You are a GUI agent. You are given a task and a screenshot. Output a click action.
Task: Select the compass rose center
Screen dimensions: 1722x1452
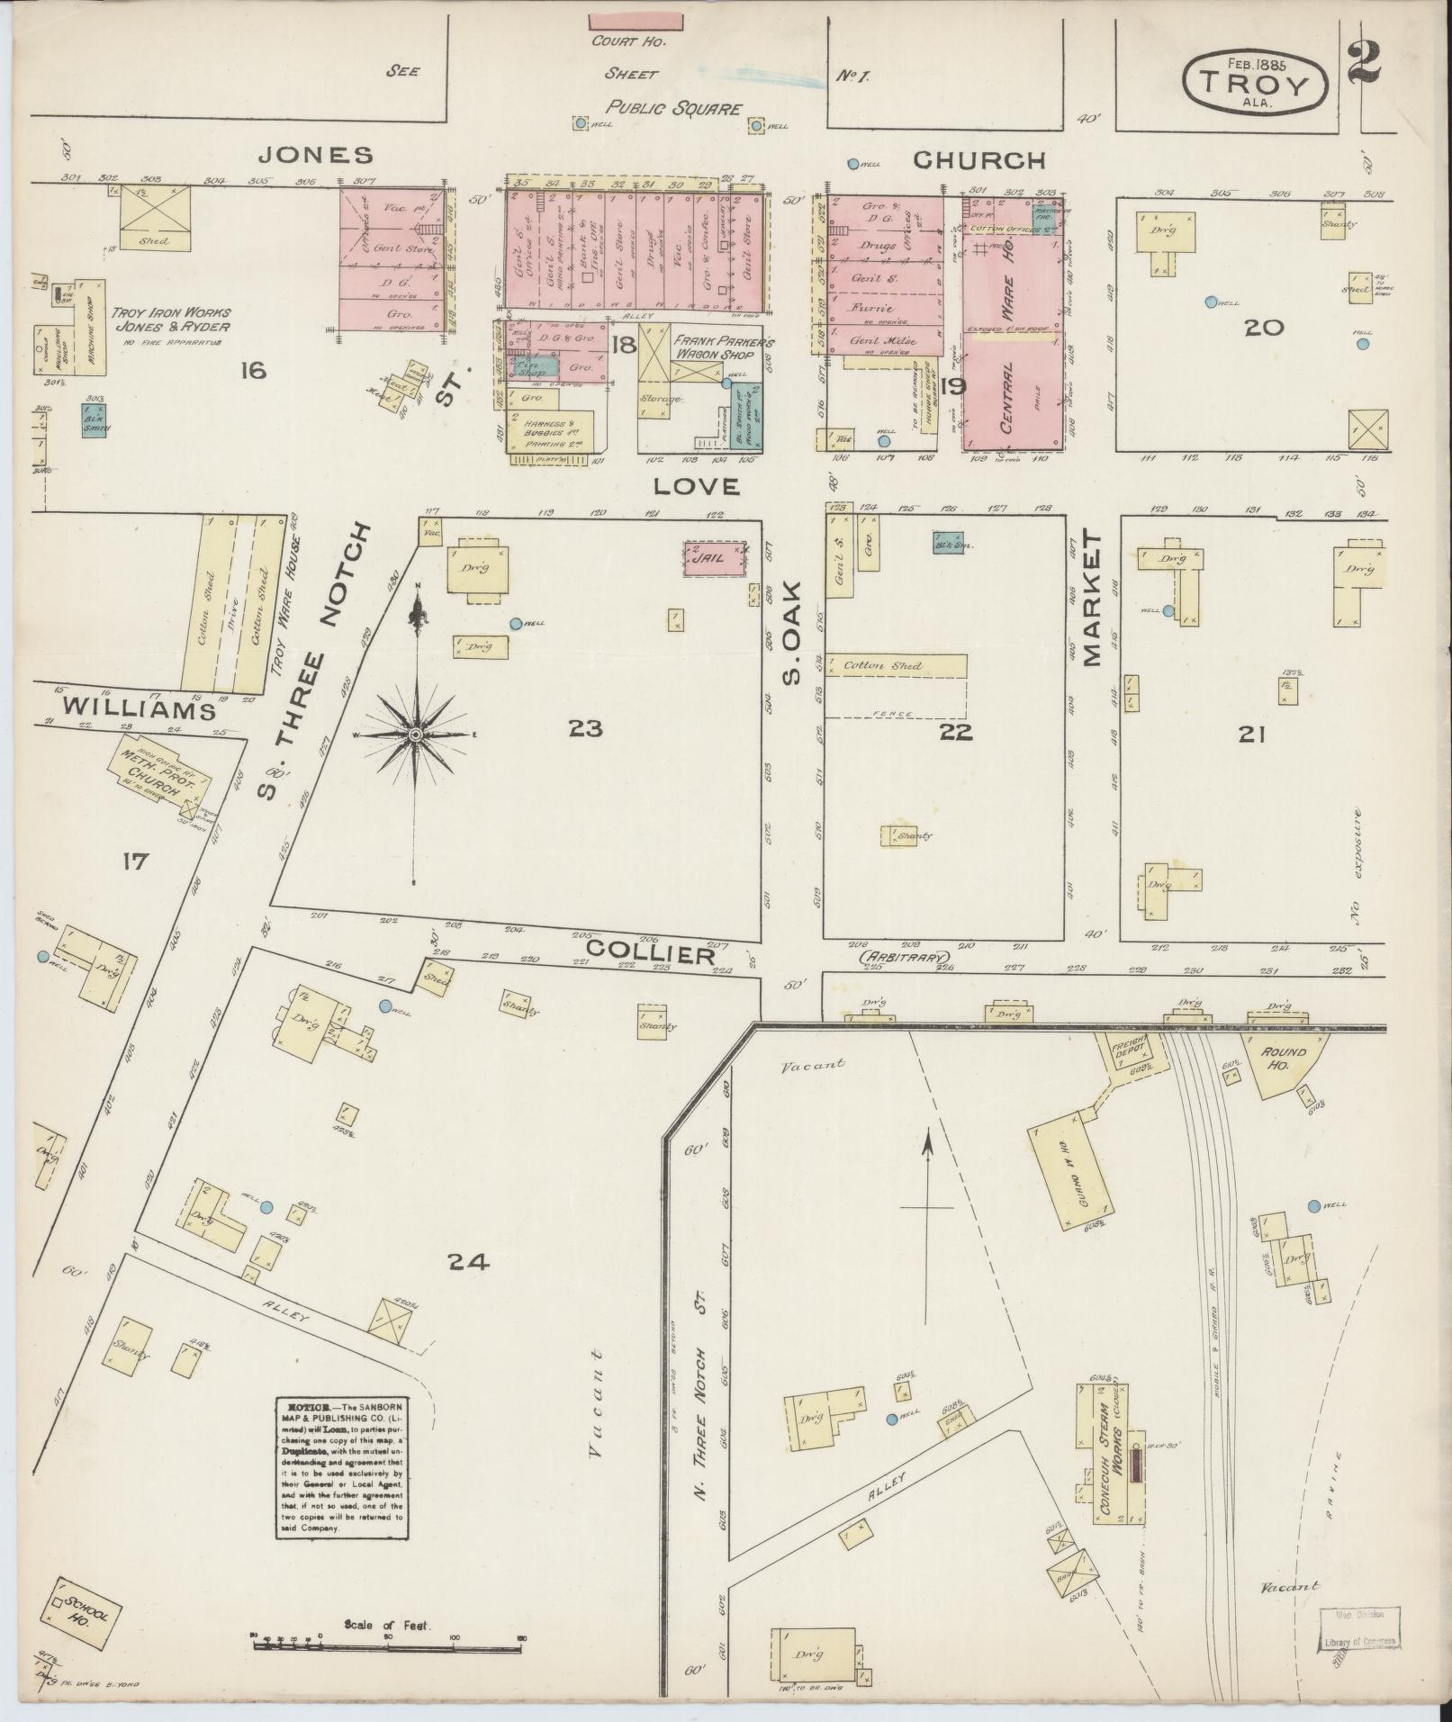tap(416, 735)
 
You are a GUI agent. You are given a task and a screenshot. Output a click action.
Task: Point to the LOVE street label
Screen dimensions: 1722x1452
tap(696, 487)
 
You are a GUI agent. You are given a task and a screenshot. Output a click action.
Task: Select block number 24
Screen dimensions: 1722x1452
tap(469, 1263)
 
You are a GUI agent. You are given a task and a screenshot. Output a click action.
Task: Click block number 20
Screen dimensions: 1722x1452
tap(1263, 328)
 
